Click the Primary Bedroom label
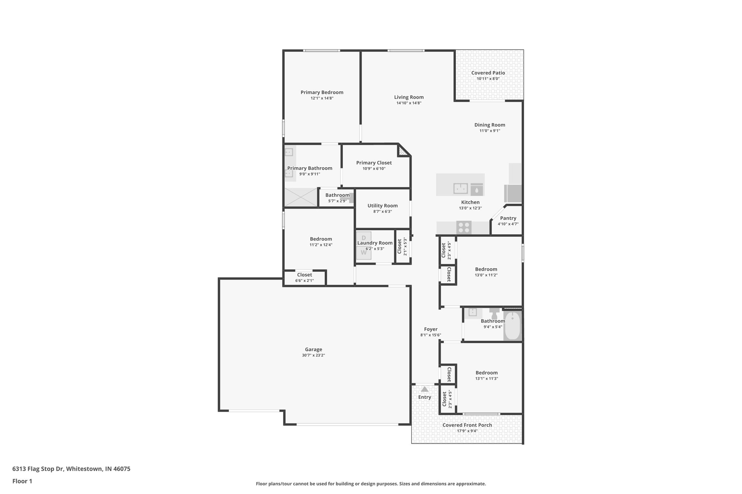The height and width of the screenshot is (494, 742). (x=322, y=92)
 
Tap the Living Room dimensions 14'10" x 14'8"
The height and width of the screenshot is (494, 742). (x=409, y=103)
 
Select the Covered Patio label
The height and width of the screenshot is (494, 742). (x=488, y=73)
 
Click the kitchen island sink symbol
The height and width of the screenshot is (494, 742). (x=460, y=189)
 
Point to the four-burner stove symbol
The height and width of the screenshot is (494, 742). (x=464, y=227)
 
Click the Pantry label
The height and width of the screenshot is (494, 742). (x=508, y=218)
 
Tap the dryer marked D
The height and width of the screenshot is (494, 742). (x=364, y=238)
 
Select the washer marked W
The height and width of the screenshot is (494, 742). (x=364, y=253)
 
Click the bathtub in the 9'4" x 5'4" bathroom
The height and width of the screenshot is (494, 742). (x=512, y=326)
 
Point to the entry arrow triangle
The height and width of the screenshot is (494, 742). (x=425, y=389)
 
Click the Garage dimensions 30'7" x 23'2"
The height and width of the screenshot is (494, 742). (x=313, y=355)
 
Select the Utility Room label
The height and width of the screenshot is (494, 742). (x=383, y=206)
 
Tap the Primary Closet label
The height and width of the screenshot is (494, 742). (x=374, y=163)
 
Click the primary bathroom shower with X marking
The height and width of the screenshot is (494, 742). (x=301, y=197)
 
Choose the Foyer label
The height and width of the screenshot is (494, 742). (x=431, y=329)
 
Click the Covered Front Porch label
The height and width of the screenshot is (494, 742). (x=467, y=425)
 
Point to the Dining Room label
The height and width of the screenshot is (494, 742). (x=489, y=125)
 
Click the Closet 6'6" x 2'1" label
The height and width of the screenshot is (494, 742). (x=304, y=275)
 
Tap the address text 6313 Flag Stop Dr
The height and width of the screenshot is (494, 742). (x=71, y=469)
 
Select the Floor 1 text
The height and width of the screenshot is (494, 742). (x=22, y=481)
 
